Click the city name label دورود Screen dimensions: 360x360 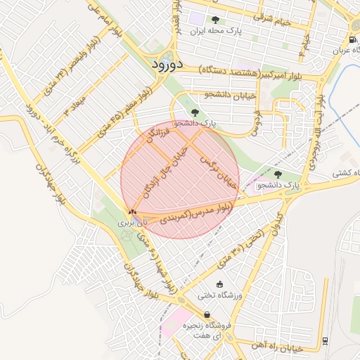pos(167,64)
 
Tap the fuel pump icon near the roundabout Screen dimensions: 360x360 pos(352,39)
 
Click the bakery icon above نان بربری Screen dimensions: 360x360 pos(132,211)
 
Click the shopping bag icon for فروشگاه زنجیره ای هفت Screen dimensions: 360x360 pos(207,314)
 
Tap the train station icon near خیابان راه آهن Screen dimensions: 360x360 pos(325,341)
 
